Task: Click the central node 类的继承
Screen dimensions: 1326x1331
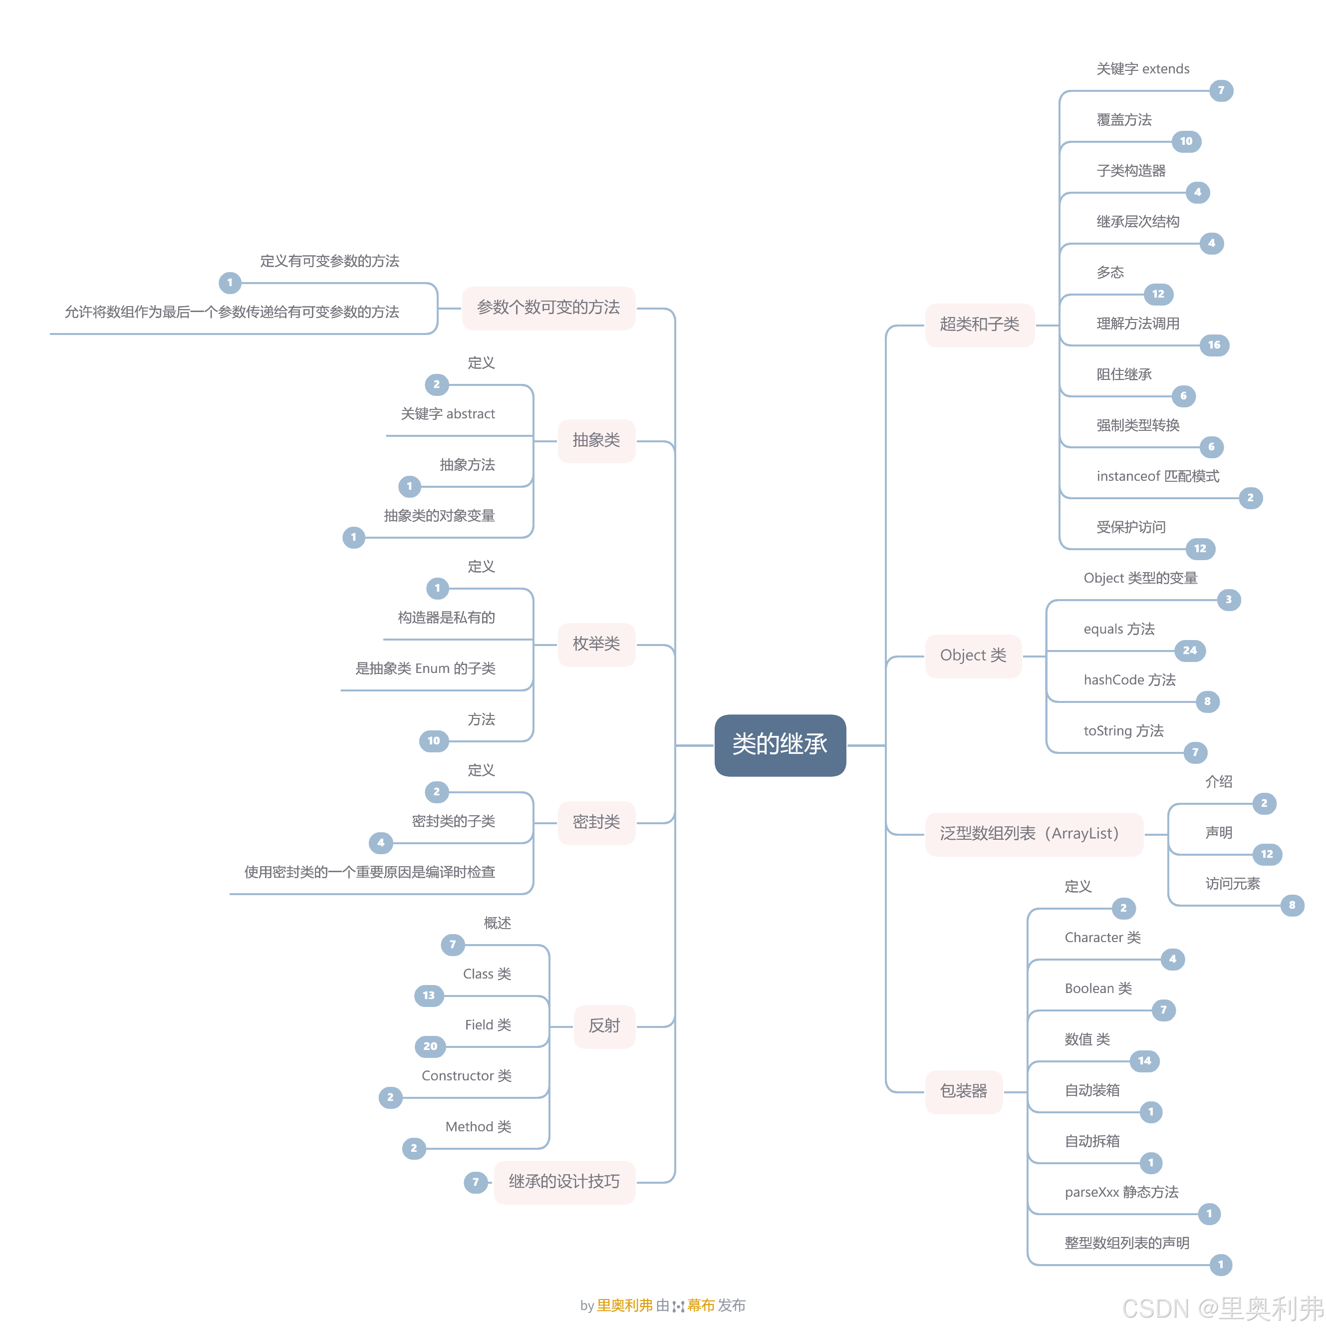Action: tap(779, 745)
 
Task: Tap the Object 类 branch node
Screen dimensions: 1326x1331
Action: tap(972, 655)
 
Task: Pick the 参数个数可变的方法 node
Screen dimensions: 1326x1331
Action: tap(547, 307)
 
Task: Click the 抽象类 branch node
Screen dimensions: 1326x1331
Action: tap(596, 440)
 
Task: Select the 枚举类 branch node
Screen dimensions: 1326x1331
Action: tap(596, 644)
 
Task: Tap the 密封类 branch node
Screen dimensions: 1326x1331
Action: tap(596, 822)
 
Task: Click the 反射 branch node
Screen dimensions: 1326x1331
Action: tap(604, 1026)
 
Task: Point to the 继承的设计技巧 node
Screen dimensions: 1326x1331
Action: tap(564, 1182)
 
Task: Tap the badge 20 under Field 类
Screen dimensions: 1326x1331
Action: tap(430, 1046)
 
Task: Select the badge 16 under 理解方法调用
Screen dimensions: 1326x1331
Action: tap(1214, 345)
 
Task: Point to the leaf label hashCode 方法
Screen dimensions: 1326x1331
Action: tap(1129, 680)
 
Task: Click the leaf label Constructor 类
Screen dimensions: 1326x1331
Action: tap(466, 1076)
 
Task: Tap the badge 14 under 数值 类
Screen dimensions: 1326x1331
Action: tap(1144, 1061)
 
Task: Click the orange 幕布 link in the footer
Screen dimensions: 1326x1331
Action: tap(701, 1306)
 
